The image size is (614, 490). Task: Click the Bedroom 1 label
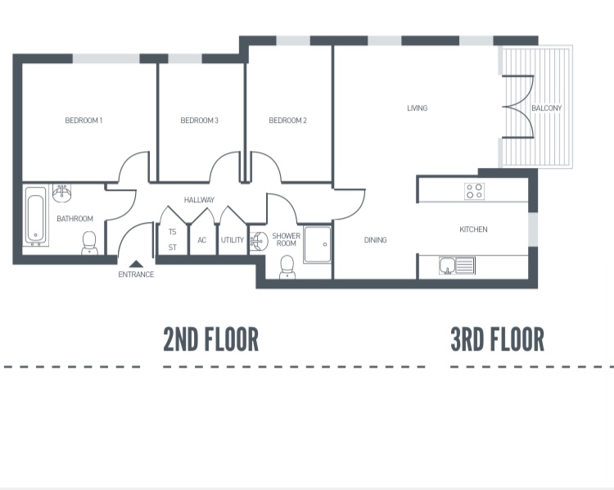[x=84, y=120]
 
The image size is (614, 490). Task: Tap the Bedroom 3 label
[x=199, y=120]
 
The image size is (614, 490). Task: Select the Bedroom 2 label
[x=287, y=120]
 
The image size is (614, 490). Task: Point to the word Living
[x=418, y=108]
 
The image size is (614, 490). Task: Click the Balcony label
[x=546, y=108]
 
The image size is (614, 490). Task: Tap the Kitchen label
[x=473, y=229]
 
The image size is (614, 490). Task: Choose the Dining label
[x=375, y=240]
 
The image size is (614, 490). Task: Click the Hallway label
[x=199, y=200]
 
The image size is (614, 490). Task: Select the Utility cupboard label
[x=233, y=240]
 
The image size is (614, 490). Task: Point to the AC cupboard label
[x=201, y=240]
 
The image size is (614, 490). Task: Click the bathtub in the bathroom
[x=35, y=217]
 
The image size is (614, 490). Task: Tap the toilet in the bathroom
[x=89, y=242]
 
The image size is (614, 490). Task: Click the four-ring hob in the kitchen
[x=474, y=191]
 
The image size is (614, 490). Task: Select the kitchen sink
[x=456, y=265]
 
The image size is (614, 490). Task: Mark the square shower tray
[x=318, y=244]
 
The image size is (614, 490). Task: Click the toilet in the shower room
[x=287, y=266]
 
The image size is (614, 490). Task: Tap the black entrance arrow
[x=136, y=264]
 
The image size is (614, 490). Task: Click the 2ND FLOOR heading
[x=210, y=339]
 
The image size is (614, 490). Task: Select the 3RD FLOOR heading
[x=497, y=339]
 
